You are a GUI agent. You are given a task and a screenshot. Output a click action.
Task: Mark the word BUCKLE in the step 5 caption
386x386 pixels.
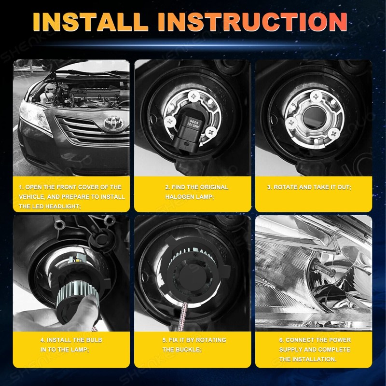click(x=183, y=349)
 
